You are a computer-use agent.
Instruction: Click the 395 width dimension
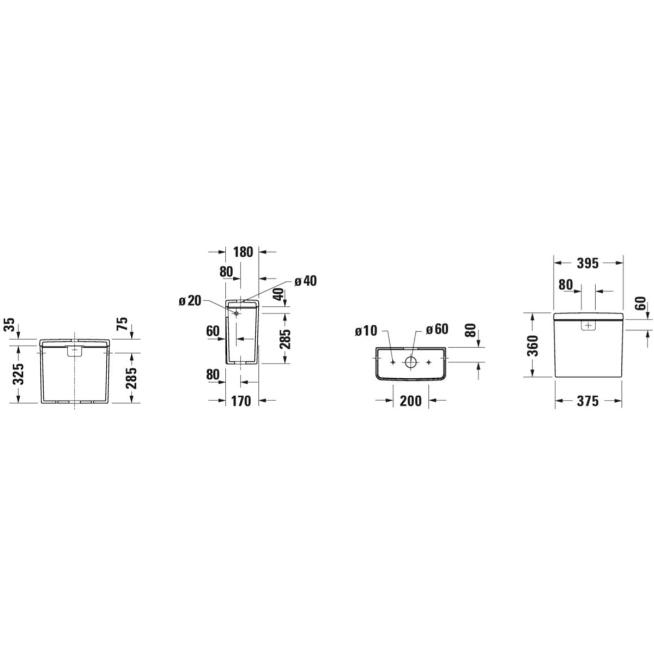point(588,263)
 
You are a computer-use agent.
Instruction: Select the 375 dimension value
point(588,401)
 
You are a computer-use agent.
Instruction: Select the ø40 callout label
point(305,281)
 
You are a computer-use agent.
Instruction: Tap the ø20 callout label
point(190,301)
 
